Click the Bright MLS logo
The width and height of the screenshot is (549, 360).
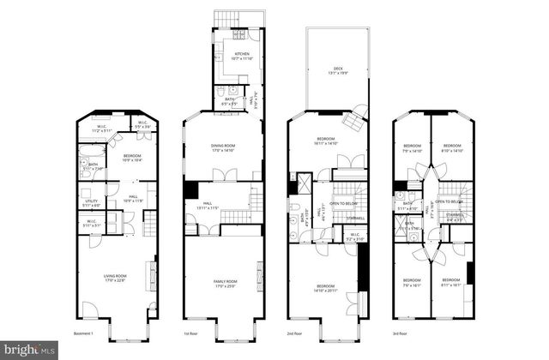(x=30, y=350)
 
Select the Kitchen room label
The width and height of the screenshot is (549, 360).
(x=243, y=56)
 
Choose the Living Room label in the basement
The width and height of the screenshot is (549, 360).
(x=115, y=277)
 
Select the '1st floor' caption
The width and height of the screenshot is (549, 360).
(x=191, y=332)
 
